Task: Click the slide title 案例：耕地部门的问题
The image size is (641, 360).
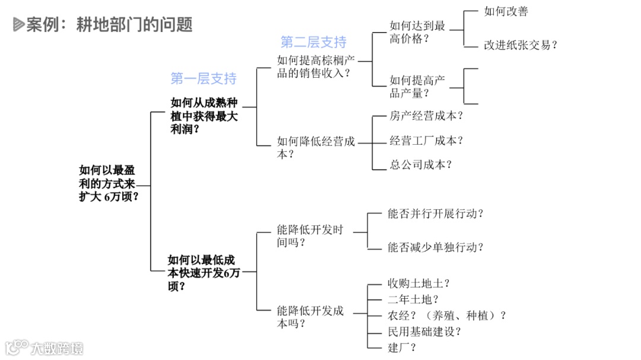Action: click(x=109, y=25)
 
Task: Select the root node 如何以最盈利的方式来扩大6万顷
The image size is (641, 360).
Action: click(x=109, y=184)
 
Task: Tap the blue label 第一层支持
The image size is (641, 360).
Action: click(x=203, y=78)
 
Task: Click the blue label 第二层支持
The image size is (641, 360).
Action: click(x=313, y=42)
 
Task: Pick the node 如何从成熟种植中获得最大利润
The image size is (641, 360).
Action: click(x=204, y=116)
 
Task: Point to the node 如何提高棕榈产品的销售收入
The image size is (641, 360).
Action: click(x=316, y=66)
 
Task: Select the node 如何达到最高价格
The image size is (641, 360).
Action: click(x=417, y=32)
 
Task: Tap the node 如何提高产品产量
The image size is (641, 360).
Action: click(x=417, y=87)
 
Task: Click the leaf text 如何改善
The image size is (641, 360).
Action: click(x=506, y=11)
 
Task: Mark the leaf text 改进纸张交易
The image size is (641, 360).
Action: click(x=521, y=45)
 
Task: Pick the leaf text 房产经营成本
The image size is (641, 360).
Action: click(x=426, y=116)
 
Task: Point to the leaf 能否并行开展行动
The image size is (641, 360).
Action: click(x=435, y=214)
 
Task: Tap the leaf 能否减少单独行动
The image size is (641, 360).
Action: click(x=435, y=247)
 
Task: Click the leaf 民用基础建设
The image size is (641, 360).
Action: click(x=424, y=332)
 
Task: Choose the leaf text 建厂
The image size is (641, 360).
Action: click(x=402, y=348)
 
